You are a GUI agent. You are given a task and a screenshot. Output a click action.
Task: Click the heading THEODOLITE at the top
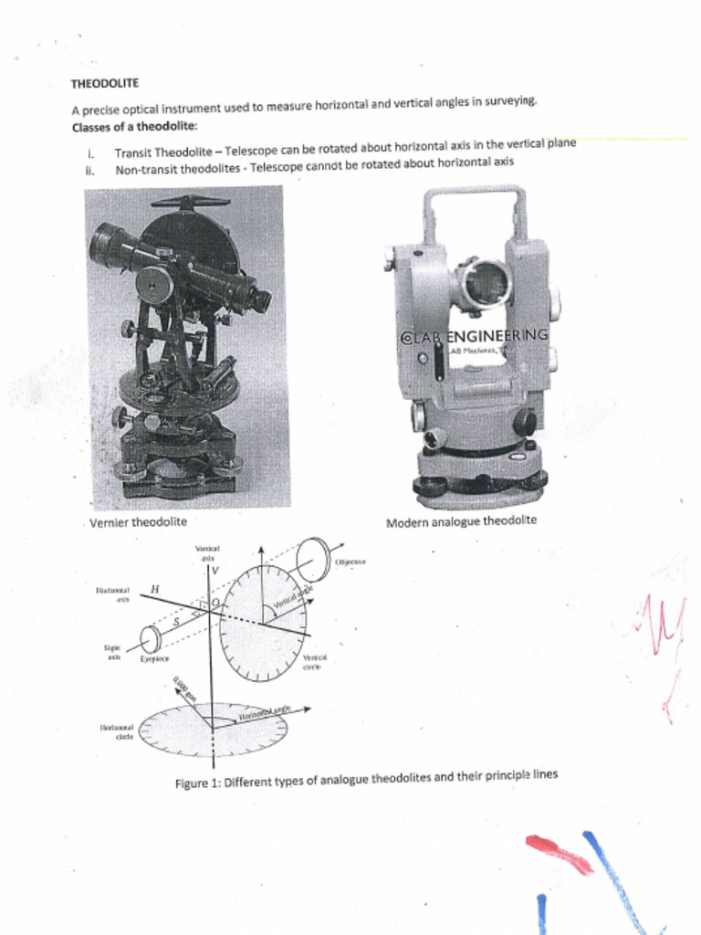click(104, 83)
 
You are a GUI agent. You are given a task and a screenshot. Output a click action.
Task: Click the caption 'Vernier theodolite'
click(138, 522)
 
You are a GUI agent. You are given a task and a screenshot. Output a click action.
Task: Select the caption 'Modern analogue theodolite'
click(461, 521)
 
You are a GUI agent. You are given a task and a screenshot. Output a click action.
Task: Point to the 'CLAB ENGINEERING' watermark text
click(475, 335)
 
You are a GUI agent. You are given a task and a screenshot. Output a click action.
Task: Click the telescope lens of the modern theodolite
click(485, 284)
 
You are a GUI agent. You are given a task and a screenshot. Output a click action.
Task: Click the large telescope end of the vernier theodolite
click(108, 245)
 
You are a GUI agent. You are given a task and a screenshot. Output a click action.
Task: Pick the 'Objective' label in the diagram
click(350, 562)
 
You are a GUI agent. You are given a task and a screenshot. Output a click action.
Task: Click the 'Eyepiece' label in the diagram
click(153, 658)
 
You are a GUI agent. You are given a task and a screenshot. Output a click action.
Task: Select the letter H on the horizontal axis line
click(154, 590)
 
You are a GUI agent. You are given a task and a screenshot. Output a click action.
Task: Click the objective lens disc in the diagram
click(313, 559)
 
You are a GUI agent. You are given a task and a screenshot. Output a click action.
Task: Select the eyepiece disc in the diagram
click(151, 638)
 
